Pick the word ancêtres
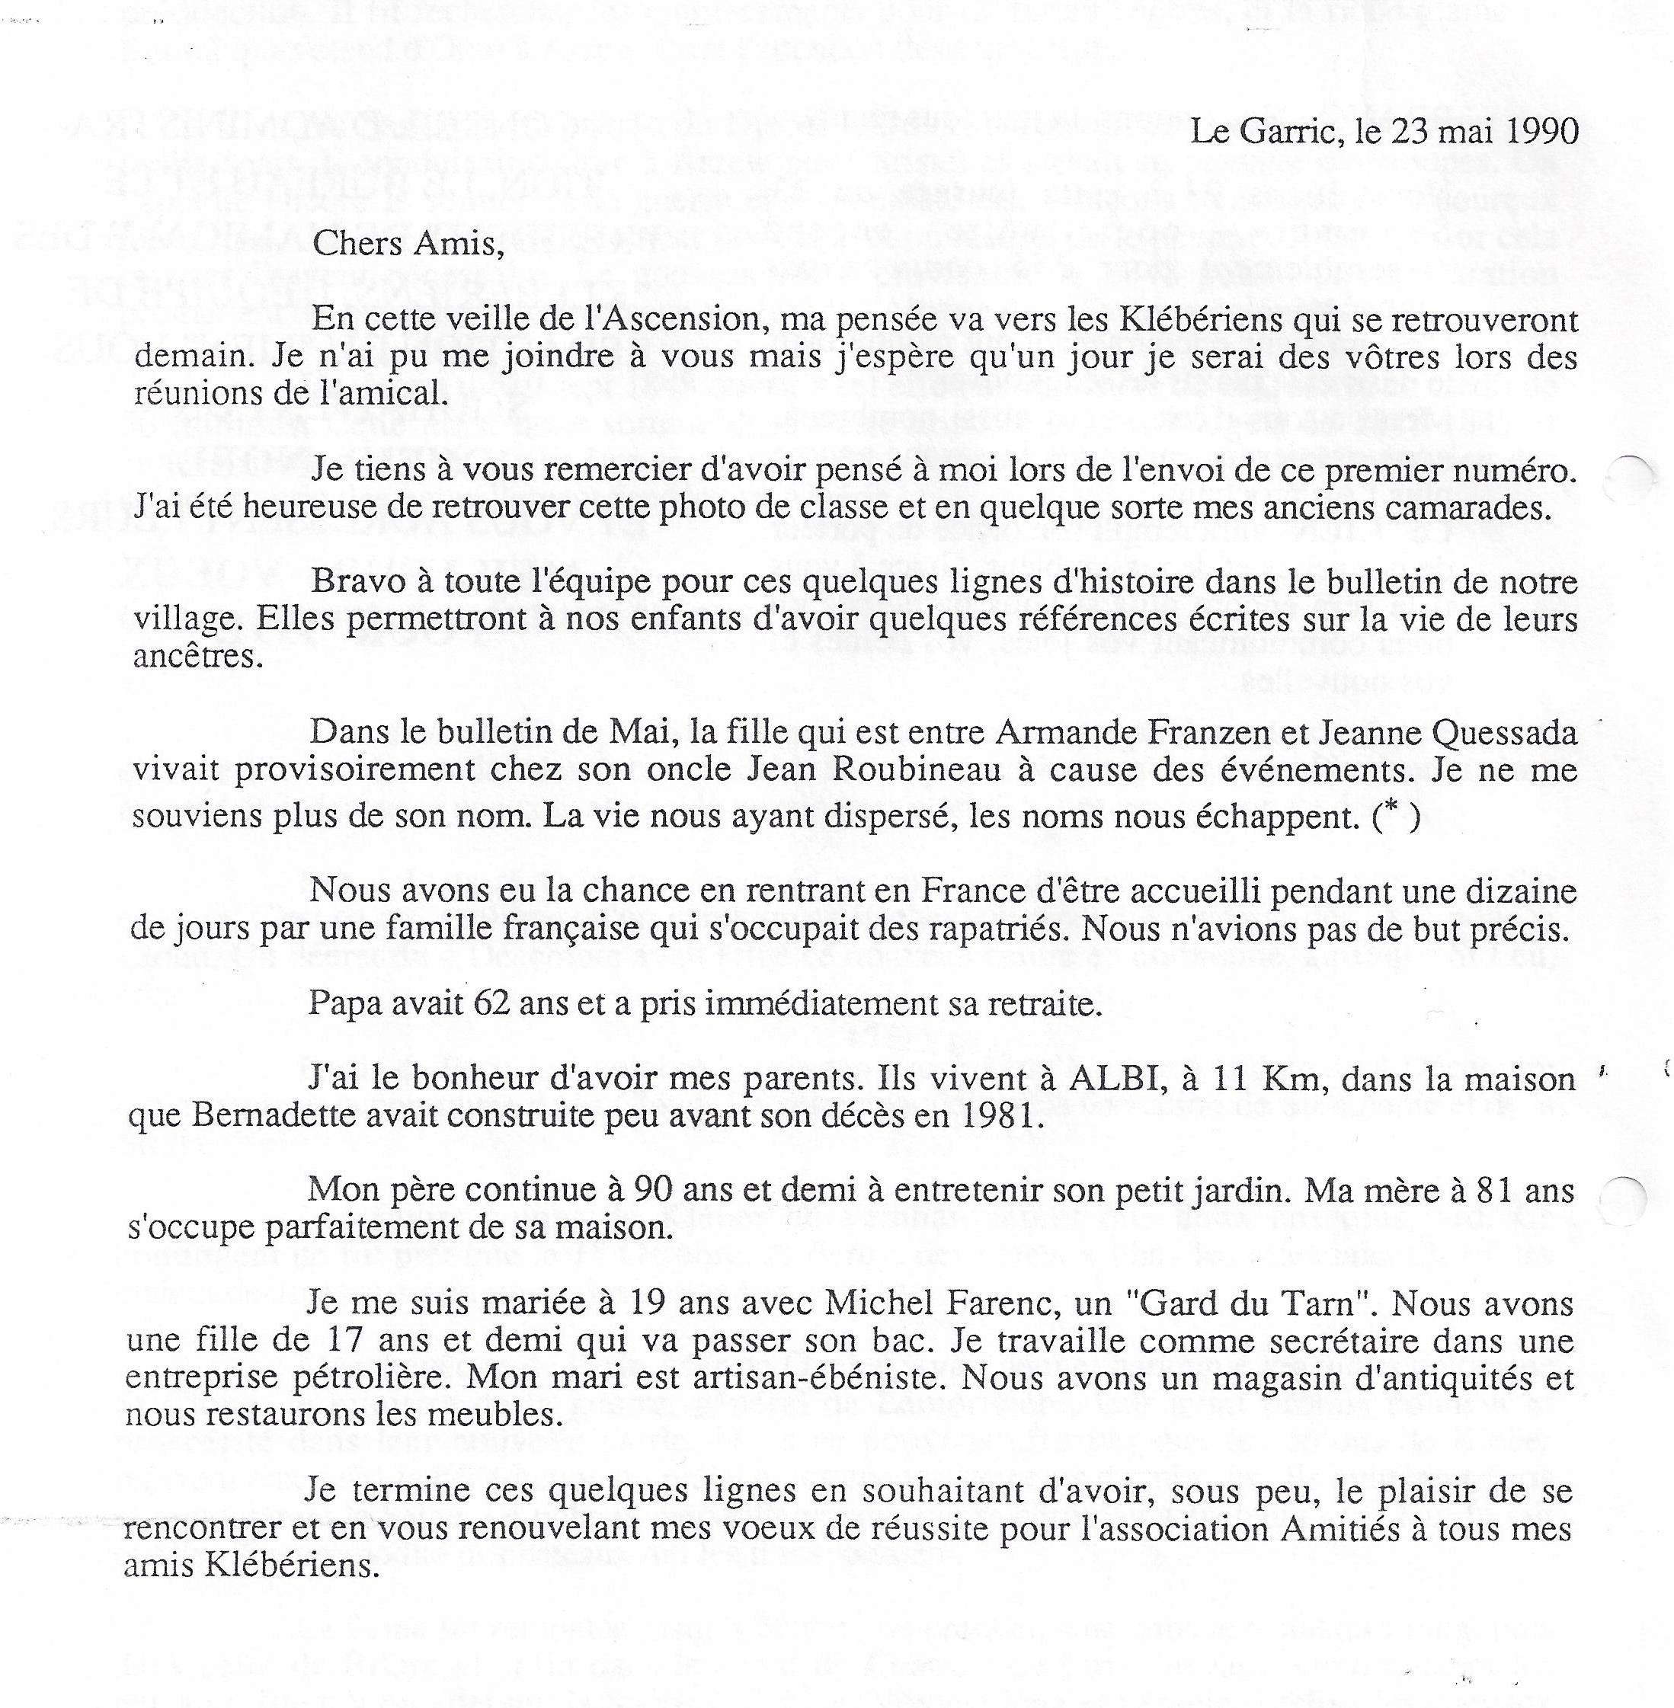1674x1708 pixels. point(198,657)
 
